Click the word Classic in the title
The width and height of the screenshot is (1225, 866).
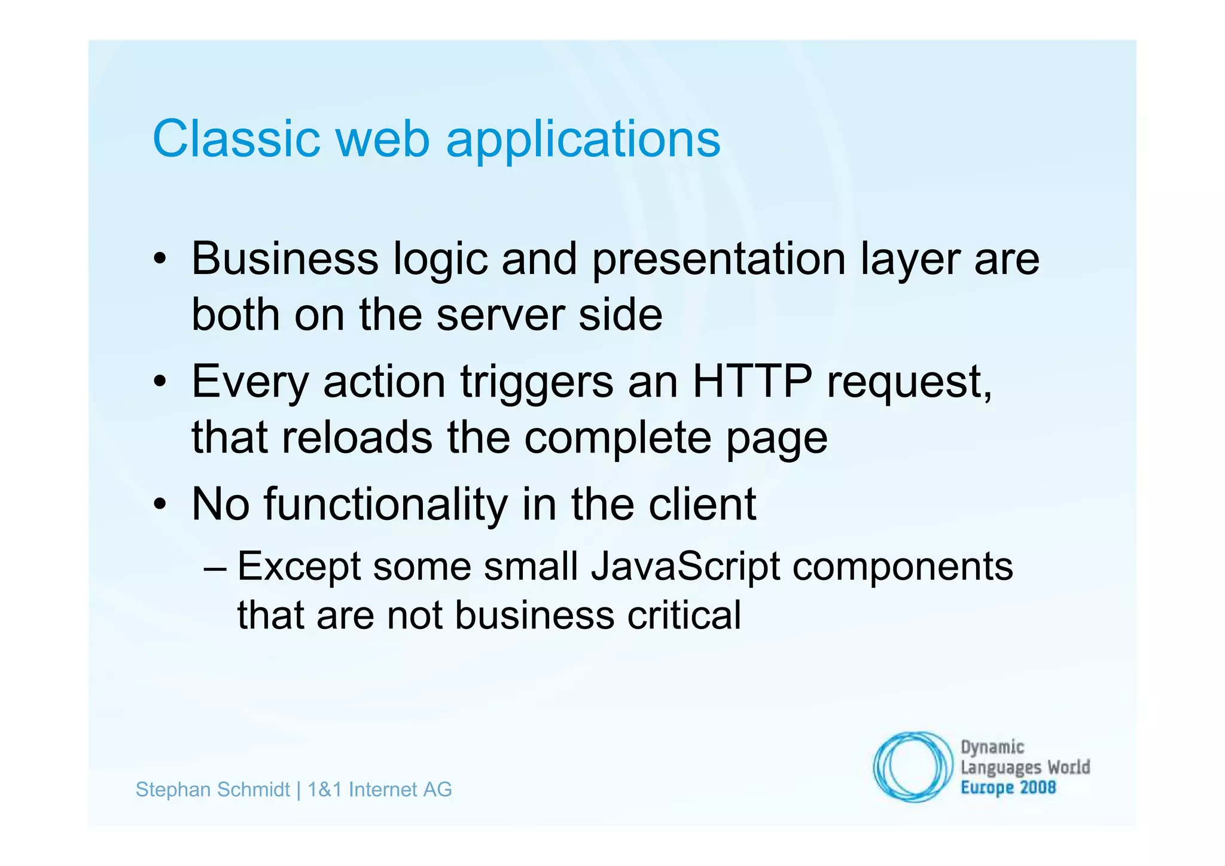point(236,139)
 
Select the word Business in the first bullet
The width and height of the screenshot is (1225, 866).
point(285,259)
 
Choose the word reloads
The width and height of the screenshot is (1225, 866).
point(357,437)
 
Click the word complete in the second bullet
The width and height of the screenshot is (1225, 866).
point(618,438)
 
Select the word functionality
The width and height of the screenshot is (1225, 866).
point(386,504)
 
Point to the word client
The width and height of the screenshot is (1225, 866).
point(703,504)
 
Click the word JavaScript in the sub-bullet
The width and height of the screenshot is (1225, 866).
point(685,566)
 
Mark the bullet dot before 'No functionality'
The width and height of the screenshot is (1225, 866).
point(159,505)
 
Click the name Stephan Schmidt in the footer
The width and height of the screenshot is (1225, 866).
point(212,789)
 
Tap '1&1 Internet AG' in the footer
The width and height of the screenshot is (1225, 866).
point(379,789)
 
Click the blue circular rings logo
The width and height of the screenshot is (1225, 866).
point(912,767)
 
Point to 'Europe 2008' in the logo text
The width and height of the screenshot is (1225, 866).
point(1008,787)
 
